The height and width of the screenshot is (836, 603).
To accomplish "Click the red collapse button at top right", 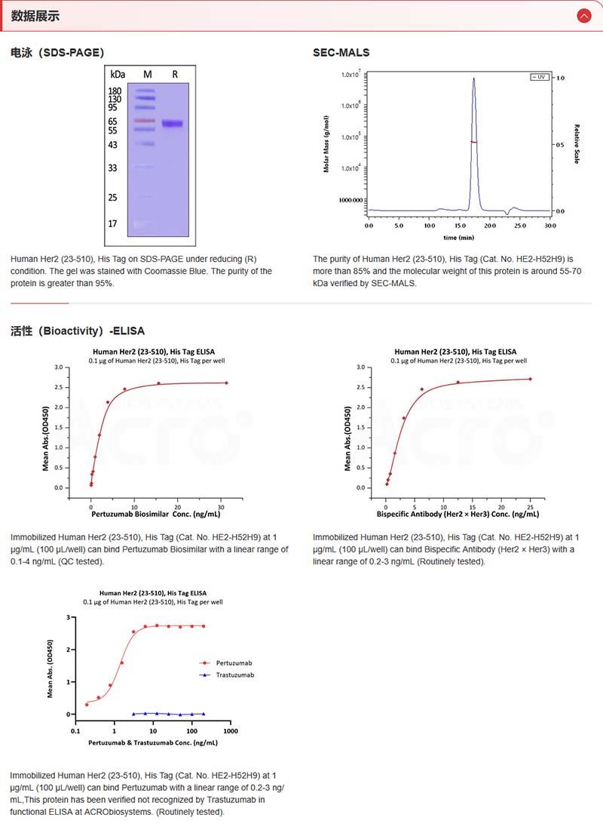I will click(583, 15).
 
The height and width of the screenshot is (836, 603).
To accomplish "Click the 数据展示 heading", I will click(35, 16).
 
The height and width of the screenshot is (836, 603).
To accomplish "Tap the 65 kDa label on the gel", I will click(113, 121).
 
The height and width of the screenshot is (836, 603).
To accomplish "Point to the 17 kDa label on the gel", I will click(113, 224).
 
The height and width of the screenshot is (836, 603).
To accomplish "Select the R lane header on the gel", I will click(175, 75).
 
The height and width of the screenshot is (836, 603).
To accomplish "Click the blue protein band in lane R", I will click(173, 124).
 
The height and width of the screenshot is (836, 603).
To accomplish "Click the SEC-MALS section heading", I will click(341, 52).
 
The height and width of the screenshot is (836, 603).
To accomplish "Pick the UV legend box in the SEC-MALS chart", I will click(539, 77).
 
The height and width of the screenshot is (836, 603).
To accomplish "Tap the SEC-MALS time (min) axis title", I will click(459, 237).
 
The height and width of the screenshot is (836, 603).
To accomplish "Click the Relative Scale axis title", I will click(577, 144).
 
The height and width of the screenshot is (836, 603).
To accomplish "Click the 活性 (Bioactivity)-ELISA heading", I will click(78, 330).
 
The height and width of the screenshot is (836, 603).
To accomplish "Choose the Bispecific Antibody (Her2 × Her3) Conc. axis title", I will click(458, 514).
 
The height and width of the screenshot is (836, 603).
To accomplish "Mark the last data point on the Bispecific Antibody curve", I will click(530, 379).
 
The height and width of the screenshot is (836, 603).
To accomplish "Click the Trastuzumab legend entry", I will click(234, 675).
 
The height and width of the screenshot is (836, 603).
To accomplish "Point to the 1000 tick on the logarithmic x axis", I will click(231, 731).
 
